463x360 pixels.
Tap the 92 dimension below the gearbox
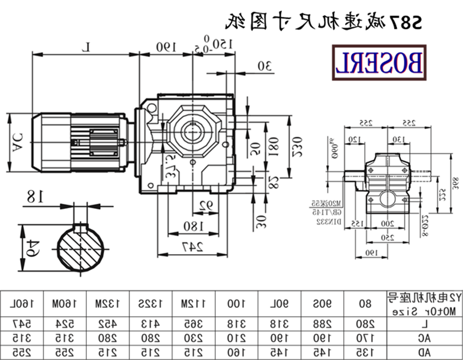(204, 204)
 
